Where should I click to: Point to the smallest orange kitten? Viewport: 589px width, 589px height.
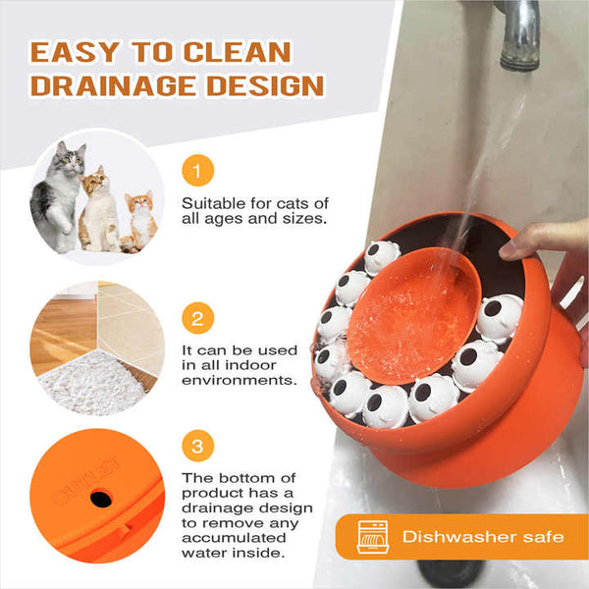pos(138,220)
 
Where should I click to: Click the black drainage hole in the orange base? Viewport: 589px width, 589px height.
pos(100,499)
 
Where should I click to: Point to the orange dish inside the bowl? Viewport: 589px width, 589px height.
pos(412,314)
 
